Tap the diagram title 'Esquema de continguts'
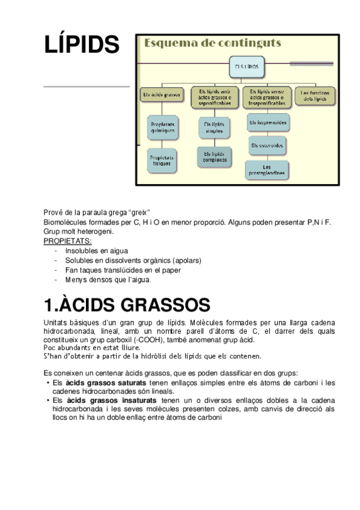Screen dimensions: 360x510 (x=211, y=43)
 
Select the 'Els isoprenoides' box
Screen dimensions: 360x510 (x=267, y=123)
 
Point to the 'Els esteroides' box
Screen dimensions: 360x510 (x=267, y=145)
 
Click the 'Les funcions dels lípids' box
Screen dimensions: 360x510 (x=315, y=96)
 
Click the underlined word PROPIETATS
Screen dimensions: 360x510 (x=67, y=241)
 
